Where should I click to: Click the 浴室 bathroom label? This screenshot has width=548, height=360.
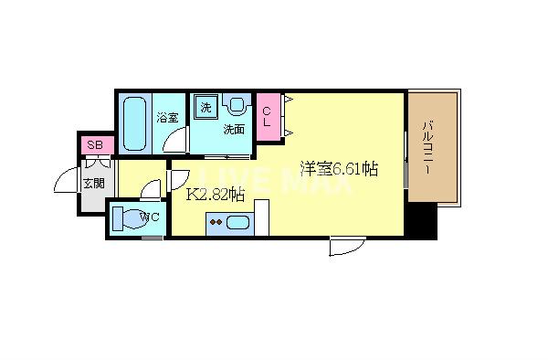[166, 117]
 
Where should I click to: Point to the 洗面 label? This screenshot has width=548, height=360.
[235, 130]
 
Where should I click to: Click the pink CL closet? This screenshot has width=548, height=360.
[269, 118]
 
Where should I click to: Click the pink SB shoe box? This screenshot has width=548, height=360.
[94, 145]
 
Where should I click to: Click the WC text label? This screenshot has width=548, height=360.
[153, 217]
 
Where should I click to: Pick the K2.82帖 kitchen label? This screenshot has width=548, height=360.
[216, 194]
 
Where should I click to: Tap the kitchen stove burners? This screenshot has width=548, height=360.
[217, 220]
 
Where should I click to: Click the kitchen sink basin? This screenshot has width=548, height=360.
[239, 221]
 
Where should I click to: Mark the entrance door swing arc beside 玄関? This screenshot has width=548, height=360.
[66, 182]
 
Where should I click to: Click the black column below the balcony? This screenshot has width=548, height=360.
[421, 218]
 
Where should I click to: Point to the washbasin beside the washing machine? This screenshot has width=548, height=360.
[235, 106]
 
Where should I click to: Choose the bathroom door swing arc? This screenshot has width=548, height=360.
[174, 142]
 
